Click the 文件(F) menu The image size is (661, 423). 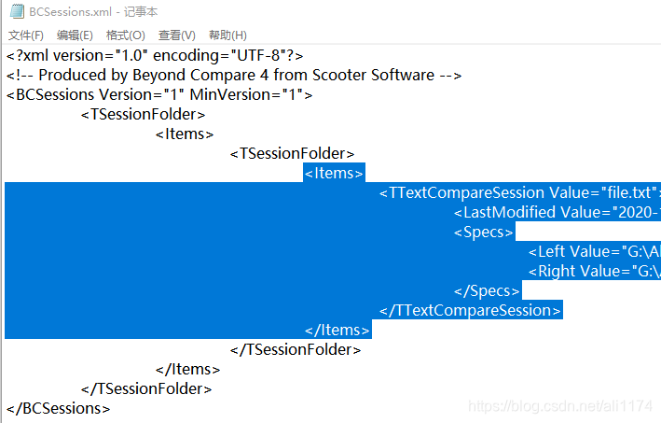(26, 35)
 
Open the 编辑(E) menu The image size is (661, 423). (75, 35)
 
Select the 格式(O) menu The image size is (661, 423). (125, 35)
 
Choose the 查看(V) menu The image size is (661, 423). (176, 35)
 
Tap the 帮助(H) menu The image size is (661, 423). (227, 35)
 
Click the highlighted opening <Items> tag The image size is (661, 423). (334, 174)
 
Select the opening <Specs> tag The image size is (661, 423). (484, 233)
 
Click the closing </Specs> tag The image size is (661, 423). (487, 291)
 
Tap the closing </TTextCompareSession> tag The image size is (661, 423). (471, 311)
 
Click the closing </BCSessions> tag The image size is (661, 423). (59, 409)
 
